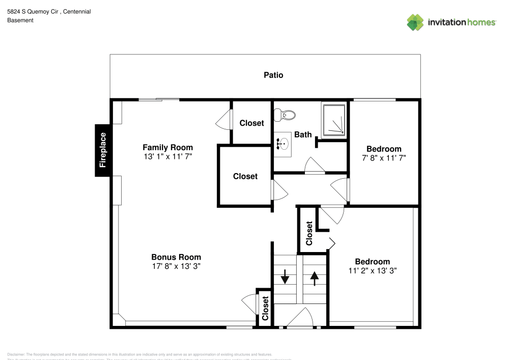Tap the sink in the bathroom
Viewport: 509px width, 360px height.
[282, 144]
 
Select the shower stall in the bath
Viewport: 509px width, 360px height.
[333, 120]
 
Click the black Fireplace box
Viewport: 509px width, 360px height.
[103, 150]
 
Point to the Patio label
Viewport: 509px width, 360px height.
[273, 75]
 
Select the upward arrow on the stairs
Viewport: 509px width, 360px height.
[314, 278]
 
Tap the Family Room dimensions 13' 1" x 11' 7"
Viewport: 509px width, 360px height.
[167, 157]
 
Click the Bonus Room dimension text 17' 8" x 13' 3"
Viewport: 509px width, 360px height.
[176, 266]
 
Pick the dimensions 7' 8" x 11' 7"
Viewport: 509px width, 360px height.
[384, 158]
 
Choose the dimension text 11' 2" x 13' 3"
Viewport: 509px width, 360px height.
[372, 271]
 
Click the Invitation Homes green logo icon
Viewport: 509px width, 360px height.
[415, 22]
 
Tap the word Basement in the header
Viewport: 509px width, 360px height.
[20, 20]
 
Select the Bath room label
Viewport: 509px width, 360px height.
[303, 135]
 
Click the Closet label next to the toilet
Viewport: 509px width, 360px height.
[251, 123]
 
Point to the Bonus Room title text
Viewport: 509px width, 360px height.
[176, 257]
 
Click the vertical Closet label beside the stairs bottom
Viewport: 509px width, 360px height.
[265, 308]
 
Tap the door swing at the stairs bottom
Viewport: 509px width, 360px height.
[301, 318]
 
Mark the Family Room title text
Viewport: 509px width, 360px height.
[167, 148]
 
